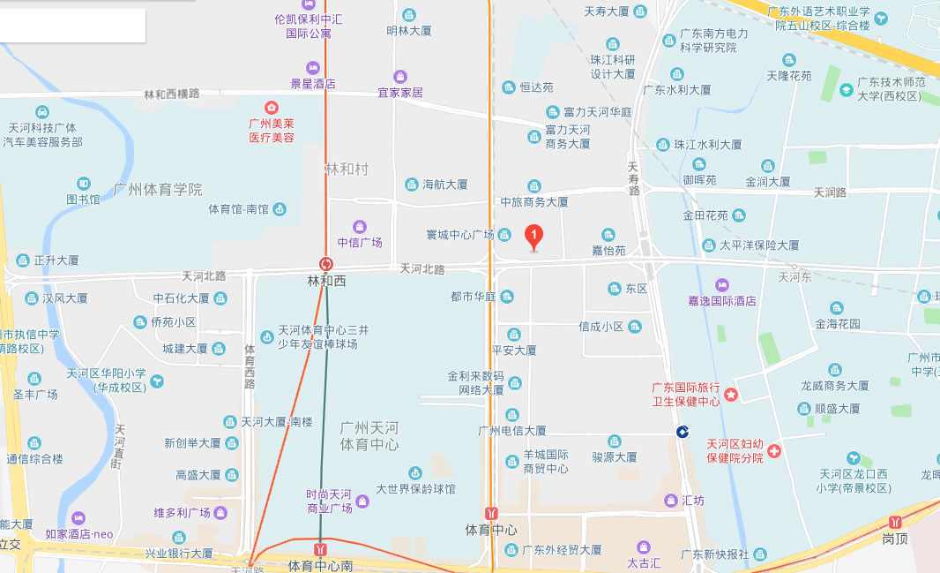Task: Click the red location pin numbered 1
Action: pos(533,237)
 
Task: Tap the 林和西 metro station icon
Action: pos(326,264)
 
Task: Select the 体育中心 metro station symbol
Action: pos(491,513)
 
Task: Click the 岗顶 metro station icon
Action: pos(897,522)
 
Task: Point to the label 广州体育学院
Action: pos(158,189)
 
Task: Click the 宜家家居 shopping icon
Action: pos(400,77)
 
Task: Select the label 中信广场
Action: pos(360,242)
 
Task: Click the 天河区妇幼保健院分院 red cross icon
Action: pos(774,451)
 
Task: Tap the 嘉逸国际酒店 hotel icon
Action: pos(722,284)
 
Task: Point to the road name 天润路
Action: pos(830,192)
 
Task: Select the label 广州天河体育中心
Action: pos(369,436)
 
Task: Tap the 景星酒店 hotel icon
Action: pos(312,68)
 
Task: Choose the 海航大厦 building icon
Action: pos(411,185)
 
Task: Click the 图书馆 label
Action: pos(84,200)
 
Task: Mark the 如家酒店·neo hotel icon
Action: pos(79,517)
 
